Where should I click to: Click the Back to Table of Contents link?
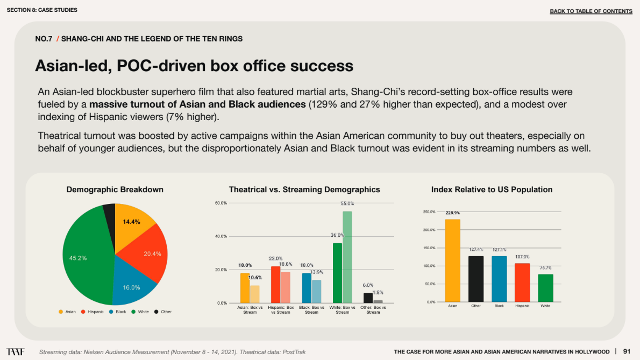[591, 11]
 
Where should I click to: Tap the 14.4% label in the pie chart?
[131, 222]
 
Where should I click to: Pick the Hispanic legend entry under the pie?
[93, 312]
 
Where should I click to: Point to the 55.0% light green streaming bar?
[347, 257]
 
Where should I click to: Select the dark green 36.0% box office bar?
[337, 273]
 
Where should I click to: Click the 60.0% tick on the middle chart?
[221, 203]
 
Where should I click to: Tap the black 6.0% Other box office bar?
[368, 298]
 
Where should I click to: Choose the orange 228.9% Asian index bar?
[453, 260]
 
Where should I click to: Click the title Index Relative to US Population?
[492, 189]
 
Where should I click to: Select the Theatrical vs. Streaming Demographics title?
[304, 189]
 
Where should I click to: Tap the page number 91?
[627, 351]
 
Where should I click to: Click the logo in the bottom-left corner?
[15, 351]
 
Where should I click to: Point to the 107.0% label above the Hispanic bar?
[522, 257]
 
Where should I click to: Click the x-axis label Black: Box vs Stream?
[311, 310]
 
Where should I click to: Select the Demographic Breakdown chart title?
[115, 189]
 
